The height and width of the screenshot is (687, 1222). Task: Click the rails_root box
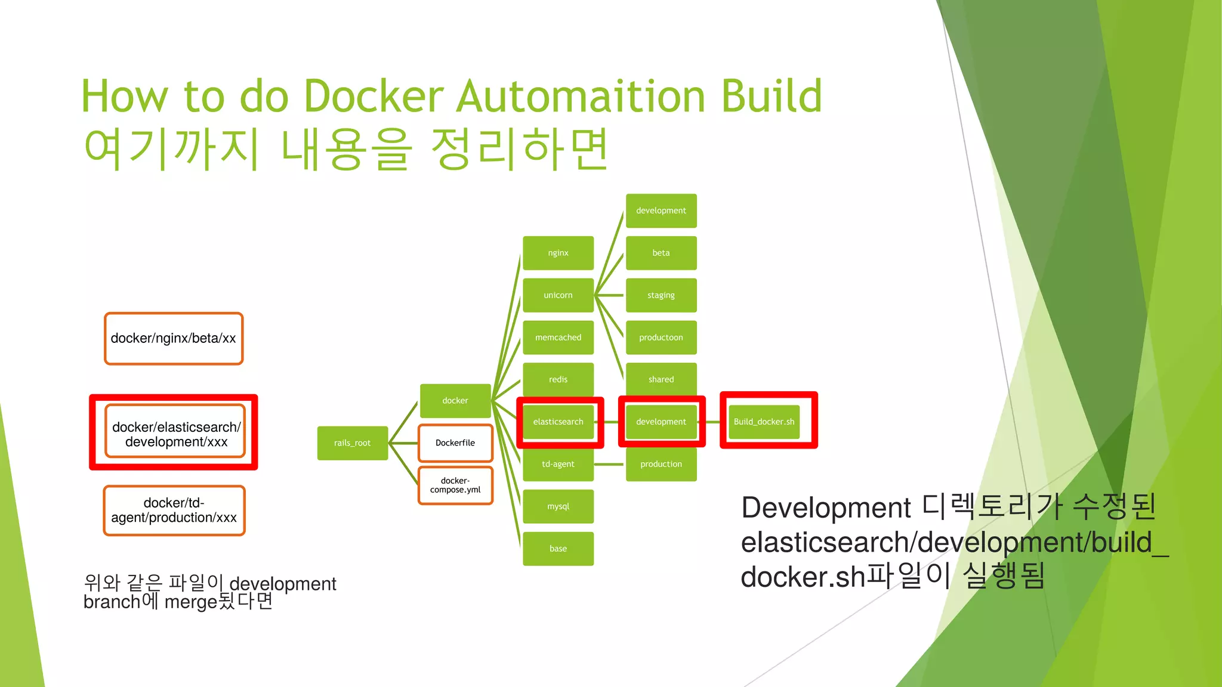[352, 443]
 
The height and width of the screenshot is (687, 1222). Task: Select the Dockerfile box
[455, 443]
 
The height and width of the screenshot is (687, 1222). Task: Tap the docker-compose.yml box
[455, 485]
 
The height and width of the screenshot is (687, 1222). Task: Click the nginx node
[558, 253]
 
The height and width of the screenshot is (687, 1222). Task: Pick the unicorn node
[558, 295]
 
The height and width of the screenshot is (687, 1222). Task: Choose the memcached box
[558, 338]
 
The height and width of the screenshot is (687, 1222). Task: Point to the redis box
[558, 379]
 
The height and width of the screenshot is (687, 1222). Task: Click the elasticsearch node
[558, 422]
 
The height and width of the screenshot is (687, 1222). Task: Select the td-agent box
[558, 464]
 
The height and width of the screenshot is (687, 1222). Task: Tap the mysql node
[558, 506]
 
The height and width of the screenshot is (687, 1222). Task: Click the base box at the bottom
[558, 549]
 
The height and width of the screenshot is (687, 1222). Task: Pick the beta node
[661, 253]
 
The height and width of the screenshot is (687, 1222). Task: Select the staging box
[661, 295]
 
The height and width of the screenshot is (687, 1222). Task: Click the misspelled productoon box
[661, 338]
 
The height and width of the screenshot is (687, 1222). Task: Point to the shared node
[661, 379]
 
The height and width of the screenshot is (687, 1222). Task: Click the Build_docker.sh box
[764, 422]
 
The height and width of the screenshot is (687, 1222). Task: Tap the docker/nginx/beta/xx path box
[174, 338]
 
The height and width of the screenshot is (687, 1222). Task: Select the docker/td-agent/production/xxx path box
[174, 510]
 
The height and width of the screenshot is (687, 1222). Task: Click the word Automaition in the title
[582, 97]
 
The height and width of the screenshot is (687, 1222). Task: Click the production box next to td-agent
[661, 464]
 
